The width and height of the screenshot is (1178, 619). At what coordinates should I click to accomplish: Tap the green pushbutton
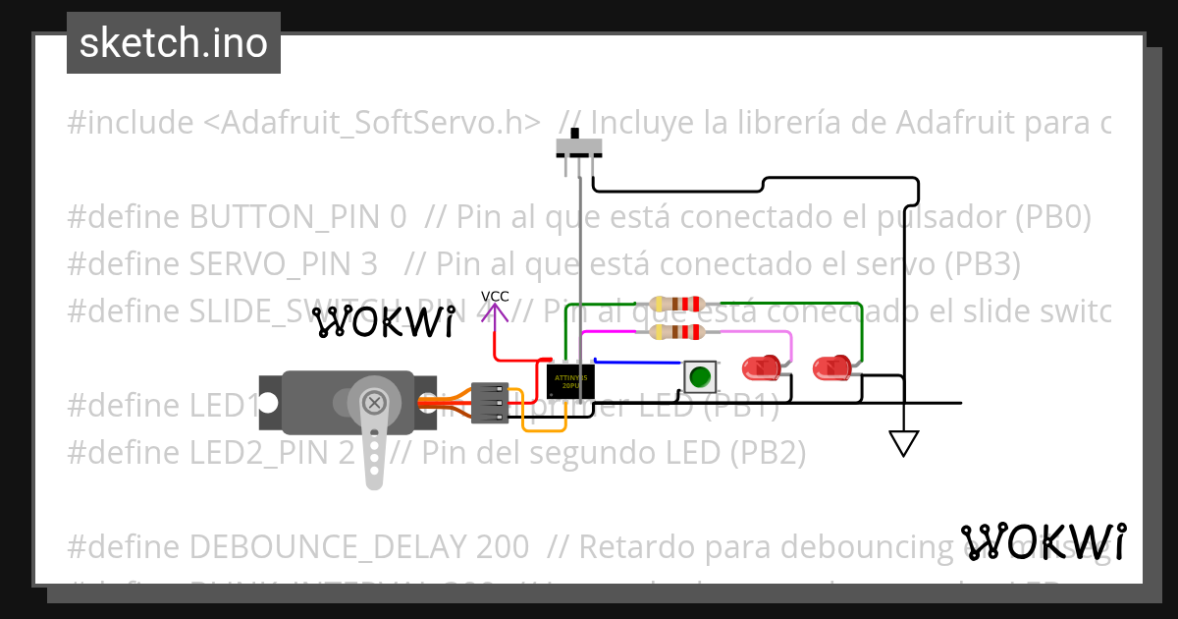point(699,375)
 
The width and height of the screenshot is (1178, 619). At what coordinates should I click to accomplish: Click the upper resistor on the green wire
point(678,304)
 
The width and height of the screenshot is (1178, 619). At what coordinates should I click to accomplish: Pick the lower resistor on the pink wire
point(678,332)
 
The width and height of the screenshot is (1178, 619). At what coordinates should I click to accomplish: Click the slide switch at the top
point(579,147)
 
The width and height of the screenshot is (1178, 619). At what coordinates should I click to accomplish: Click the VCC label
point(495,297)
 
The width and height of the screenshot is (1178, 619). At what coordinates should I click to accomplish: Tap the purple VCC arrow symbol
point(496,315)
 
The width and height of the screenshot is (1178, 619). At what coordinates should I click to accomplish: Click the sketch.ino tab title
point(174,43)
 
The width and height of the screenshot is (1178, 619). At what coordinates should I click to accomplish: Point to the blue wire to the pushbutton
point(638,363)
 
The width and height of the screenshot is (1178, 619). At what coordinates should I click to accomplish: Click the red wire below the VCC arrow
point(495,344)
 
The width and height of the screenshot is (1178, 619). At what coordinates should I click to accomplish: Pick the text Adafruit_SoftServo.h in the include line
point(373,123)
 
